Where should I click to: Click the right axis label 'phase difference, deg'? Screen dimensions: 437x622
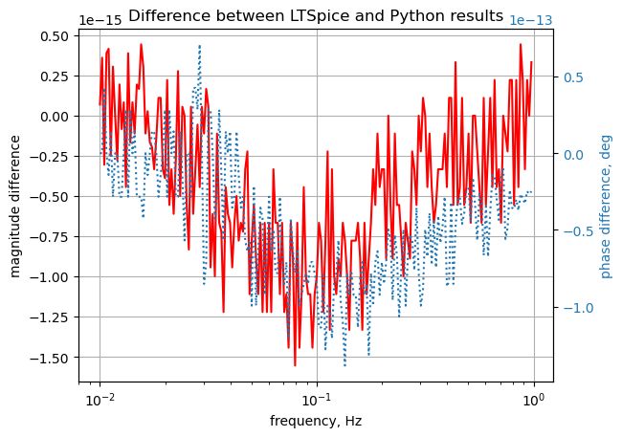click(x=606, y=206)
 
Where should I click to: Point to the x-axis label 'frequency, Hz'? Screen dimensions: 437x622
click(x=316, y=421)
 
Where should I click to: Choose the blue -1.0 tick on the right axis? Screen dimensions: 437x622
click(x=574, y=308)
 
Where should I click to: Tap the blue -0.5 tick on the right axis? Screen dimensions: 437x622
click(x=574, y=231)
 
